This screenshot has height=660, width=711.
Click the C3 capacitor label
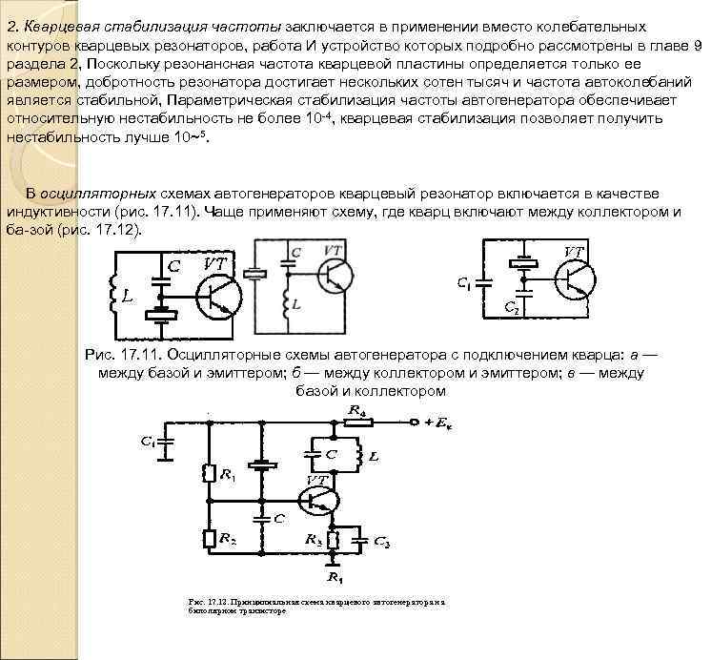point(381,541)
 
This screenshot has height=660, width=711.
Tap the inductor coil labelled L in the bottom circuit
point(356,455)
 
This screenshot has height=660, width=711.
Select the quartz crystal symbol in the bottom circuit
point(258,467)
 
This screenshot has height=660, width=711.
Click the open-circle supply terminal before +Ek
point(413,421)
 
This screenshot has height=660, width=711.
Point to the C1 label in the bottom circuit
point(147,441)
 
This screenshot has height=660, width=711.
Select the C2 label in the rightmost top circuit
point(512,309)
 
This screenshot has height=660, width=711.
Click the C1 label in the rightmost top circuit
point(464,283)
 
